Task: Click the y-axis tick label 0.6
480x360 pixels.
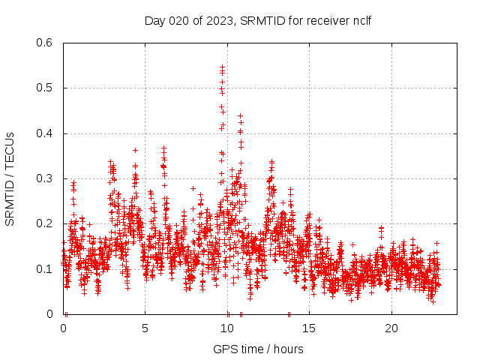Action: [x=45, y=43]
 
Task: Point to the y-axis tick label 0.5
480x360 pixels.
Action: [x=45, y=88]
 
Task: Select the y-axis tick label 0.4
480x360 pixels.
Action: [x=45, y=133]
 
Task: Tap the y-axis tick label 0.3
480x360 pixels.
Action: [x=45, y=178]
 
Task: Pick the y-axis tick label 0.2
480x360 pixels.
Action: [x=45, y=223]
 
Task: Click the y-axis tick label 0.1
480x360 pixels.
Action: [x=45, y=268]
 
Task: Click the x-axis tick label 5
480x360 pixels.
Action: [x=145, y=328]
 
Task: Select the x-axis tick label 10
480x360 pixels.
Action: [x=227, y=328]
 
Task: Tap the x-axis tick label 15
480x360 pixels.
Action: [x=309, y=328]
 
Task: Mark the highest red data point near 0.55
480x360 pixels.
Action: [x=222, y=67]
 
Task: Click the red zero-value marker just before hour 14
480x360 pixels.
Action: [x=289, y=313]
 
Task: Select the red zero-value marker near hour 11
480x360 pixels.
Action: [x=241, y=313]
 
